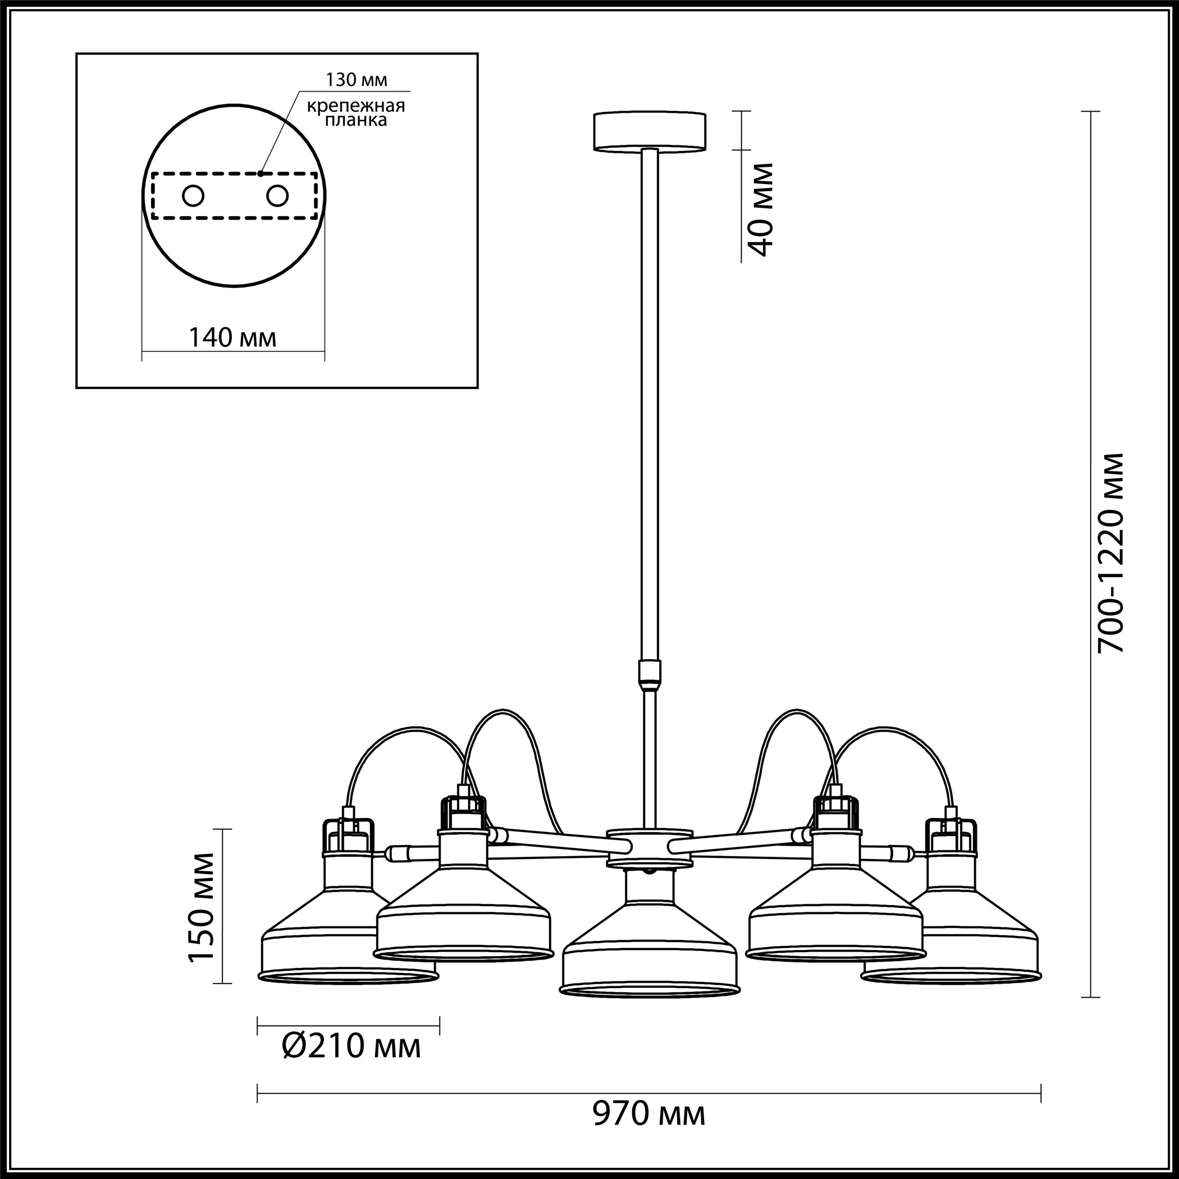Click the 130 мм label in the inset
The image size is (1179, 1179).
click(x=357, y=79)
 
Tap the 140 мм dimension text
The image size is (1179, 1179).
click(x=232, y=337)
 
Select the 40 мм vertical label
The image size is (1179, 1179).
click(x=760, y=209)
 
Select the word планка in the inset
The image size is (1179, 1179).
click(x=356, y=120)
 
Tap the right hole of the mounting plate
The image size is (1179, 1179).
click(x=277, y=196)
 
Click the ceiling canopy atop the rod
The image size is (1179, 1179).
click(x=650, y=131)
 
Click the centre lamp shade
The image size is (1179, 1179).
click(x=650, y=933)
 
